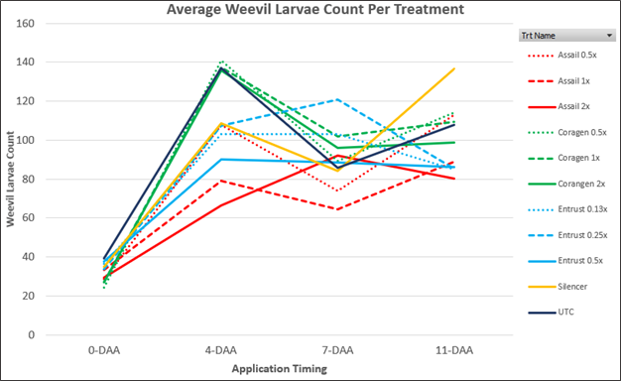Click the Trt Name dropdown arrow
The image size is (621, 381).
(609, 36)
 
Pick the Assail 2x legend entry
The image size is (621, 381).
(559, 106)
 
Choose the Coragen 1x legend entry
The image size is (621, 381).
(564, 158)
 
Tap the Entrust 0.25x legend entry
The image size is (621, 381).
(567, 235)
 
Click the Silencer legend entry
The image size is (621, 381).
(558, 287)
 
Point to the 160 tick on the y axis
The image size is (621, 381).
(25, 24)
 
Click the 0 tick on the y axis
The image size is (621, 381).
(32, 335)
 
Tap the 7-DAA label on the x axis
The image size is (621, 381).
(337, 350)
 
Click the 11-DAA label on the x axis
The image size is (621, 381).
(454, 350)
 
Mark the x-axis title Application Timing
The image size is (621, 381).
(279, 369)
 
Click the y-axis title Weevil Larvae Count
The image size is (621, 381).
(10, 179)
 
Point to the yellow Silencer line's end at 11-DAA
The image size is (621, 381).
(454, 68)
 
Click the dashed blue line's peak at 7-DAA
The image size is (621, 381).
(337, 99)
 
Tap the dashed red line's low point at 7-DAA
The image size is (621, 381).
(337, 209)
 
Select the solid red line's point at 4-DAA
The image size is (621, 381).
(221, 205)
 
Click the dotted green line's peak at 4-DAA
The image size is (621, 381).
(222, 62)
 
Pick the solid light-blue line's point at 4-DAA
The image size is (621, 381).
(221, 159)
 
